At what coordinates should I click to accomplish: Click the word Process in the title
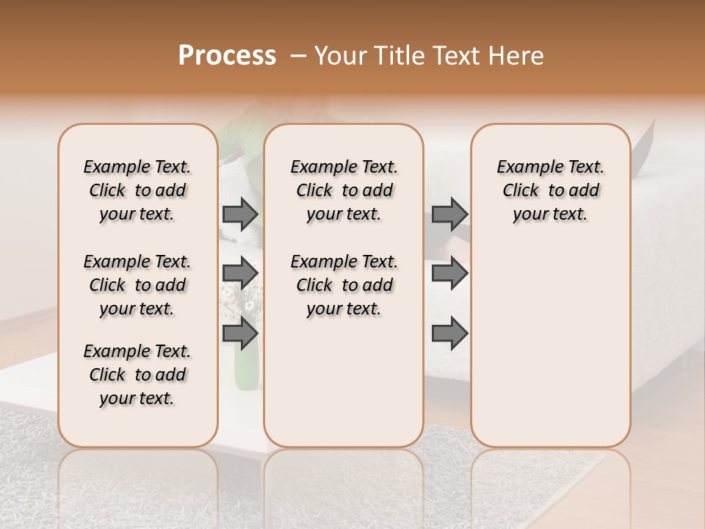coord(227,55)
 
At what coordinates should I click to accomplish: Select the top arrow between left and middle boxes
coord(240,215)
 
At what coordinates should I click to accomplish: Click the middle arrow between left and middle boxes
coord(240,274)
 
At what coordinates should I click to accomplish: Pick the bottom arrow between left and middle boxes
coord(240,333)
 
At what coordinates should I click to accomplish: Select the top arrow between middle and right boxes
coord(449,215)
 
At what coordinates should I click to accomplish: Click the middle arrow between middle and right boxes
coord(449,274)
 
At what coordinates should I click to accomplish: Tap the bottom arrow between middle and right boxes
coord(449,334)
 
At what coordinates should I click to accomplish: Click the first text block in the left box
coord(137,190)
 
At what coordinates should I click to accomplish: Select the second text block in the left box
coord(137,285)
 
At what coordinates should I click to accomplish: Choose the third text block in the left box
coord(137,375)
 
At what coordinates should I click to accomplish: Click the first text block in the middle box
coord(344,190)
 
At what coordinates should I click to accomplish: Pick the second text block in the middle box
coord(344,285)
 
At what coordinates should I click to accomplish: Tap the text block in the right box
coord(550,190)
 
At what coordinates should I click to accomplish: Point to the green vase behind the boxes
coord(247,367)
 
